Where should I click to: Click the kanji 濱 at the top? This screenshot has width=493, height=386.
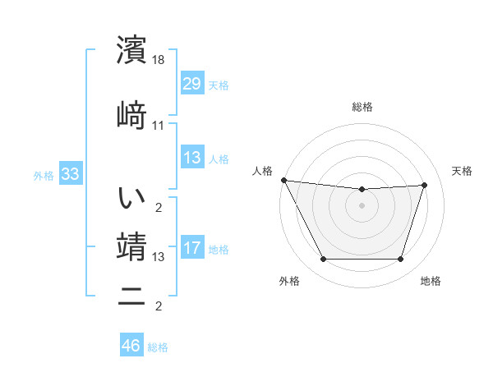[x=132, y=49]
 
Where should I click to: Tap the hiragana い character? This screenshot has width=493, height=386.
[x=132, y=197]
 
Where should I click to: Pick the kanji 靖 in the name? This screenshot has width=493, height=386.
[x=132, y=246]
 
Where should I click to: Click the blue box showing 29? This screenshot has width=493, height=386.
[x=191, y=84]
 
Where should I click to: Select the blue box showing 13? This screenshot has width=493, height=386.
[x=191, y=158]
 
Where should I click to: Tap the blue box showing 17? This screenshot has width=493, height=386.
[x=191, y=249]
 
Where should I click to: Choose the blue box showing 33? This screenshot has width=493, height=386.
[x=70, y=174]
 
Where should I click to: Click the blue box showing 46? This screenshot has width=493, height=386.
[x=131, y=346]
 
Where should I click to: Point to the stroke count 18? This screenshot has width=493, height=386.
[x=159, y=60]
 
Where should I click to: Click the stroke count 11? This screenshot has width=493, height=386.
[x=159, y=126]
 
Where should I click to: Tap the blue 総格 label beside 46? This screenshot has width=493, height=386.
[x=158, y=347]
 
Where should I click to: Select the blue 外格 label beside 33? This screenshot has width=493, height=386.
[x=44, y=176]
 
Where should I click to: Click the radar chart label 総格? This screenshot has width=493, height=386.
[x=362, y=107]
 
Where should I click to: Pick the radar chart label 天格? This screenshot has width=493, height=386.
[x=462, y=171]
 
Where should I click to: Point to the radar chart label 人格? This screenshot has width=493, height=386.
[x=263, y=171]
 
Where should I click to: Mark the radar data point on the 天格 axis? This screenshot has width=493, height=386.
[x=425, y=186]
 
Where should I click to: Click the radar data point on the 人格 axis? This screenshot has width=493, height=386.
[x=283, y=180]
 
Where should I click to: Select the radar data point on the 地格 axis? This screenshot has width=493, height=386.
[x=401, y=260]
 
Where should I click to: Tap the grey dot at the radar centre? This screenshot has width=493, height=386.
[x=362, y=205]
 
